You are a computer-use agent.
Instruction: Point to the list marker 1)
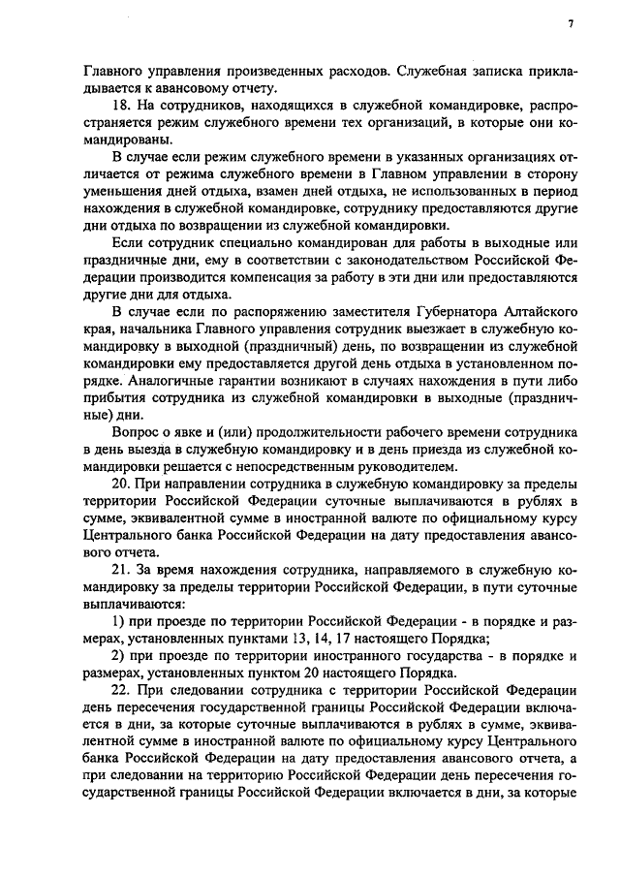pos(121,618)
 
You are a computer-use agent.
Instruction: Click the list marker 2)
pos(121,657)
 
